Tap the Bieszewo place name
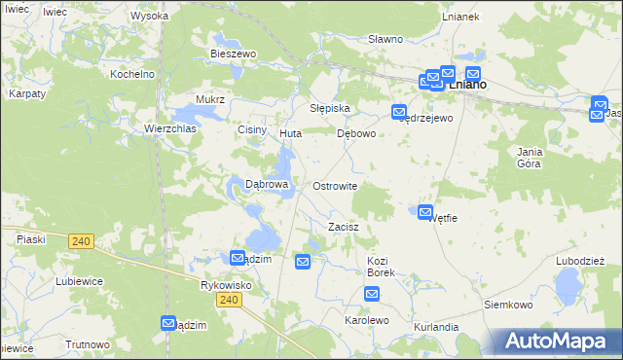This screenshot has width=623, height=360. click(233, 54)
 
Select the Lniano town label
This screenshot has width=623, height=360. click(468, 86)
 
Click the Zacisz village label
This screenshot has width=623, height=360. click(344, 227)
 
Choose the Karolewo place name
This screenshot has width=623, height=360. click(367, 319)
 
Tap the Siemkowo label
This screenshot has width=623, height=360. click(508, 305)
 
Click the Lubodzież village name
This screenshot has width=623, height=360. click(580, 260)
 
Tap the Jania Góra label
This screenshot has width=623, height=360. click(530, 158)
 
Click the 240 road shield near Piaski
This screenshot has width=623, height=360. click(82, 241)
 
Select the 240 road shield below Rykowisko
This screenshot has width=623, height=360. click(229, 301)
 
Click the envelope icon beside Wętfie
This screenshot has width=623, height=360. click(425, 212)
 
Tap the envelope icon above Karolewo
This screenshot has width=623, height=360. click(372, 292)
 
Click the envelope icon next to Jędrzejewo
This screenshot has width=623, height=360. click(399, 112)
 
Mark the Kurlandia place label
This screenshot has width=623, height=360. click(435, 327)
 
